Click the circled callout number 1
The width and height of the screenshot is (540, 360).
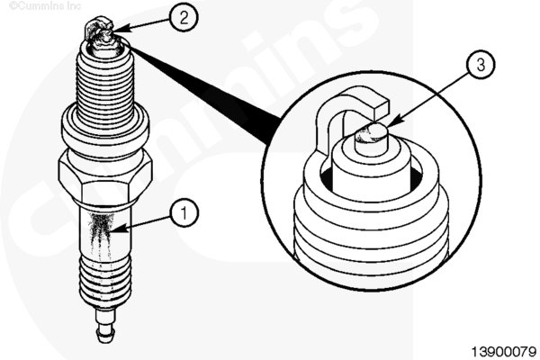pos(184,212)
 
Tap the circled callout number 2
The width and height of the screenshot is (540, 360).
pos(184,17)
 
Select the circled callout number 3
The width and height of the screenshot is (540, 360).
pos(481,65)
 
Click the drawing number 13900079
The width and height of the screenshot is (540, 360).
pos(503,352)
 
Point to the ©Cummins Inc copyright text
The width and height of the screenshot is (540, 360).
pos(45,5)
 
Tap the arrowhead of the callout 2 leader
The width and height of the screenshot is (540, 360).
pos(121,28)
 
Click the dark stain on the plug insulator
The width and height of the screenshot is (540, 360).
pos(101,231)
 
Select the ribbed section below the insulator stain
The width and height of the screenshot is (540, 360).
pos(105,280)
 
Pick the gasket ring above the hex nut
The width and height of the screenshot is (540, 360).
pos(105,126)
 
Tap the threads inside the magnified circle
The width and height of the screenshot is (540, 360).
pos(371,234)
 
